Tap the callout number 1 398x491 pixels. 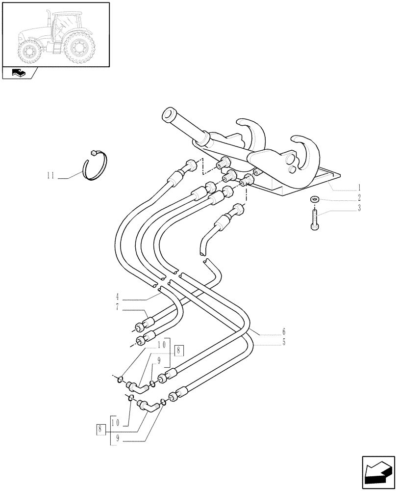coord(359,188)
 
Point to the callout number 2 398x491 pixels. coord(359,198)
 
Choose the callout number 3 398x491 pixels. coord(359,208)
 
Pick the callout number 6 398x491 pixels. coord(283,331)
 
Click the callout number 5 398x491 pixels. coord(283,342)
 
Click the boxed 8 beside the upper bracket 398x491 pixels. coord(179,351)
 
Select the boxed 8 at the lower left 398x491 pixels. coord(101,429)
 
